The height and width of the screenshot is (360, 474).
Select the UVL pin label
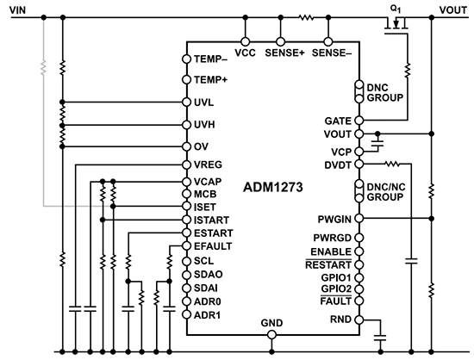(204, 102)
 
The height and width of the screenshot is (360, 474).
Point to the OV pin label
(200, 146)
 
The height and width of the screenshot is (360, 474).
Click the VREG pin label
(207, 164)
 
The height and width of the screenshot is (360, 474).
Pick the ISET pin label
(203, 207)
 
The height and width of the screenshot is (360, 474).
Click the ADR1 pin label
(206, 314)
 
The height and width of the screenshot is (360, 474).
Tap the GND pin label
(271, 322)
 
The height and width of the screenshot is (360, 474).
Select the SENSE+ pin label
(290, 52)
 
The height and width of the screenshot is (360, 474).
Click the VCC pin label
(245, 52)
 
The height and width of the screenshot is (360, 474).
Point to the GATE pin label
(337, 121)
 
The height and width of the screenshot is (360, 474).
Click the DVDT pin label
(337, 163)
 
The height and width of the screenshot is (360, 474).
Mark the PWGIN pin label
(334, 219)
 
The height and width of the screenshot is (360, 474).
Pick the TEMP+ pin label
(210, 80)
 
